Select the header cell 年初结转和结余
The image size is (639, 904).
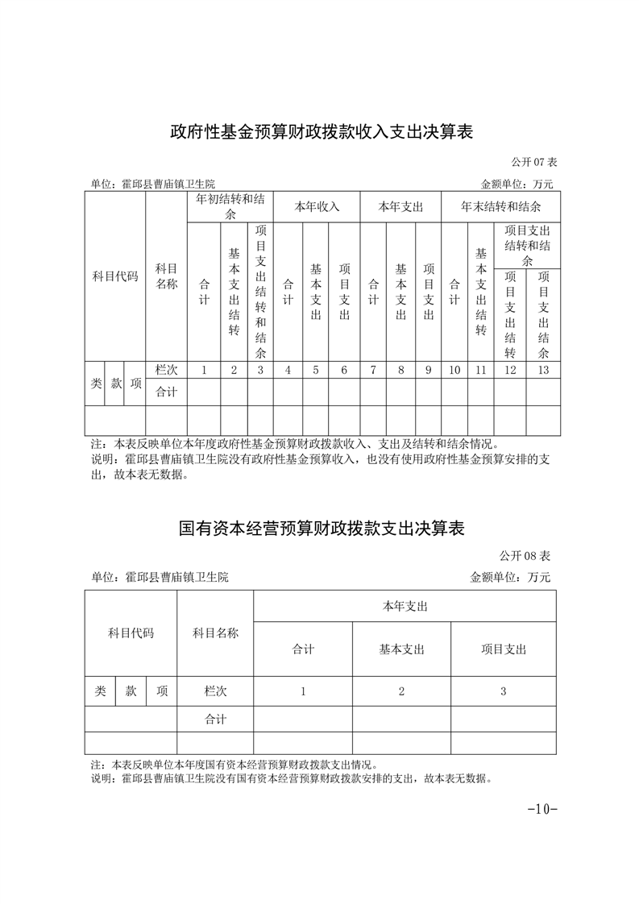click(230, 206)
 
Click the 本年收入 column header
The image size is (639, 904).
click(317, 206)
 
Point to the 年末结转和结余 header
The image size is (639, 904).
click(500, 206)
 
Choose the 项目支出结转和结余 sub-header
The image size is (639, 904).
click(527, 246)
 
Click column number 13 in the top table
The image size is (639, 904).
click(543, 370)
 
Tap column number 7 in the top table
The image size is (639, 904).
click(373, 370)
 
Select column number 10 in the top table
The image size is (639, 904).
click(454, 370)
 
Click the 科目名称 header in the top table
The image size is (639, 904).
click(166, 276)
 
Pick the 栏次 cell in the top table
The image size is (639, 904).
click(166, 370)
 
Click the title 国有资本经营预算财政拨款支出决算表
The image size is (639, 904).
click(321, 529)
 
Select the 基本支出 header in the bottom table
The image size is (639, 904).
click(401, 649)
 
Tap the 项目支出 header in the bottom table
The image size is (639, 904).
click(504, 649)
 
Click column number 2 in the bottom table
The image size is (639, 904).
click(401, 691)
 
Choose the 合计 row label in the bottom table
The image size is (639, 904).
click(215, 719)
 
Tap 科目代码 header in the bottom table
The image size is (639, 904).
click(131, 633)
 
